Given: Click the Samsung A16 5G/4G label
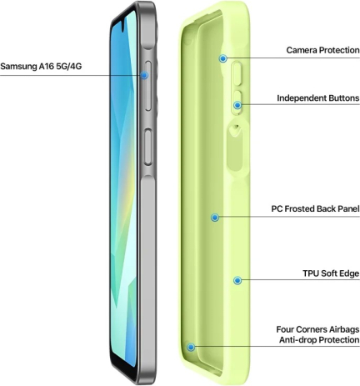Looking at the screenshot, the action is (41, 67).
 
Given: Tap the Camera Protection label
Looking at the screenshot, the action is (322, 50).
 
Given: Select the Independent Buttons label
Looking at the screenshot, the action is (318, 98).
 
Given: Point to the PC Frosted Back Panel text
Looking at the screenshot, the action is (315, 208).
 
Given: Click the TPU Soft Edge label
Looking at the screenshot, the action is (331, 273).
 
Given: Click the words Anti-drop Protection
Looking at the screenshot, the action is (319, 340).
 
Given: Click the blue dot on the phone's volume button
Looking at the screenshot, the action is (144, 75).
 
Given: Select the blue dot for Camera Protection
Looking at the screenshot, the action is (223, 58).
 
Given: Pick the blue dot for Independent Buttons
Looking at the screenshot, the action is (237, 105).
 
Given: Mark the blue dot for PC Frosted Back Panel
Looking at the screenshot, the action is (215, 218).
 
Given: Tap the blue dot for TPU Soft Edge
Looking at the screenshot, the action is (237, 281).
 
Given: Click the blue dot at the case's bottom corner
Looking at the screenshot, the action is (191, 347).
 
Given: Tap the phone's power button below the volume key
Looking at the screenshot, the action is (148, 147).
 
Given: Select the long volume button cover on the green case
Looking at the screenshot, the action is (237, 73).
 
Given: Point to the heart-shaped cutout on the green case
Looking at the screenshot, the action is (236, 130).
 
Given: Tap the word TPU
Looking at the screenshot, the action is (311, 273).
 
